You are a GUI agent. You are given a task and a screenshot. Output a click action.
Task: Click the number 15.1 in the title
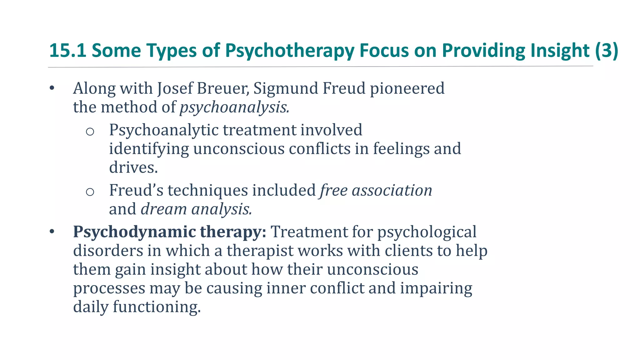click(x=67, y=50)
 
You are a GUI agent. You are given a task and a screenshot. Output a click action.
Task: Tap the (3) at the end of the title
click(x=607, y=50)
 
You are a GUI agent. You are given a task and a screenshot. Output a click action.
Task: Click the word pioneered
click(x=407, y=88)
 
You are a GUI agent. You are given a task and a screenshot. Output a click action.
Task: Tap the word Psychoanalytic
click(x=164, y=130)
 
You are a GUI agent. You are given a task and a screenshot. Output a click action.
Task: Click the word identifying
click(x=149, y=149)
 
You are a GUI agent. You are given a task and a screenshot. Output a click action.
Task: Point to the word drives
click(x=133, y=167)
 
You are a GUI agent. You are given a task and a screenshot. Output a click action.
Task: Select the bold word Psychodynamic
click(x=134, y=232)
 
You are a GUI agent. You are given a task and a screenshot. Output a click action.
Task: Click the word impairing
click(x=436, y=288)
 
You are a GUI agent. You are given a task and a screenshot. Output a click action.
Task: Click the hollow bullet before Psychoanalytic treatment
click(x=90, y=132)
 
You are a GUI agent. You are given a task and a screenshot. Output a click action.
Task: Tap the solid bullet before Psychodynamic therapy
click(x=52, y=232)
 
